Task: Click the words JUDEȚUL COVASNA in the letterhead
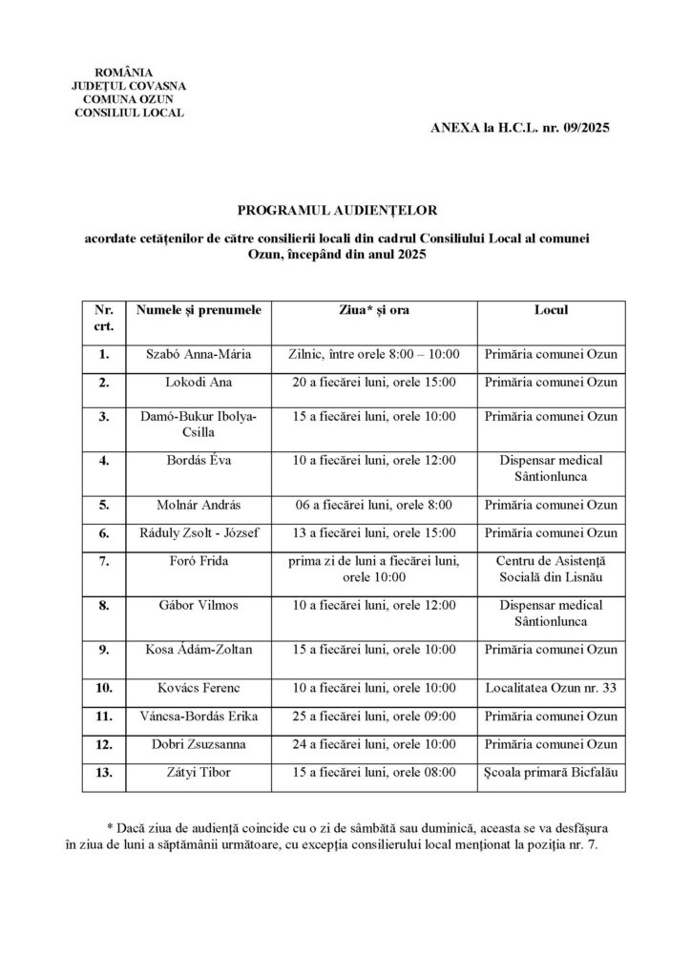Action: (128, 86)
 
